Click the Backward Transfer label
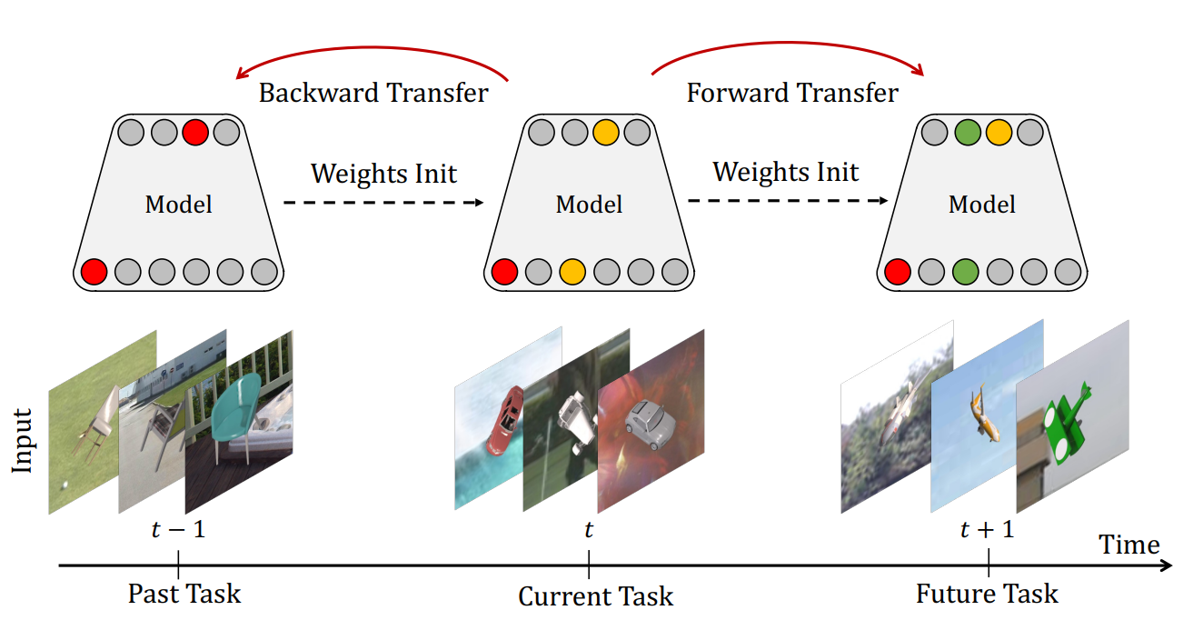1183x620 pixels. coord(373,93)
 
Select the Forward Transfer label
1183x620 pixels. coord(791,93)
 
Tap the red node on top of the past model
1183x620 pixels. coord(195,134)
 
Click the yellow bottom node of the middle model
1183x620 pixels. coord(572,271)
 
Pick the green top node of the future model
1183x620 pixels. coord(968,134)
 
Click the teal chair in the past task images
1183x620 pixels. coord(234,414)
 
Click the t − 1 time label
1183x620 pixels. coord(177,528)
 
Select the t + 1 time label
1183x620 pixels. coord(987,529)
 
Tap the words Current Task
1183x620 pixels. coord(595,596)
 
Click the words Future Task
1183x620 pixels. coord(987,595)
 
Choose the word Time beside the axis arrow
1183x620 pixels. coord(1129,545)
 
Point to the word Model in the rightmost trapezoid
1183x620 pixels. coord(981,204)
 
